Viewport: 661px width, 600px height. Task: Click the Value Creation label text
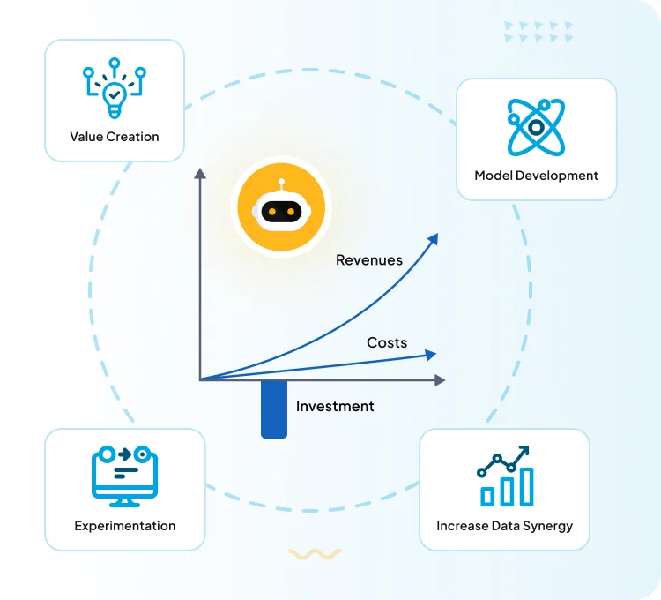[115, 137]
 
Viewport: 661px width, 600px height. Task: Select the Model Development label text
[536, 176]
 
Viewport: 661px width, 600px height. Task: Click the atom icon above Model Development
[536, 127]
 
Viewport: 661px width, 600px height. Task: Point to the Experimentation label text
[124, 526]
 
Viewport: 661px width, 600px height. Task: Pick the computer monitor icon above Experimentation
[124, 476]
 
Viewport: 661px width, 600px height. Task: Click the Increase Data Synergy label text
[504, 526]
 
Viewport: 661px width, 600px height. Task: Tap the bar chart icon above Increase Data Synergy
[505, 476]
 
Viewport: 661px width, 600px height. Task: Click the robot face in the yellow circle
[281, 211]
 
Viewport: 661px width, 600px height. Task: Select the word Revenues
[369, 260]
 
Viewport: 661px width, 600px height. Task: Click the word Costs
[387, 342]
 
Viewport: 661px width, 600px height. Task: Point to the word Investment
[335, 407]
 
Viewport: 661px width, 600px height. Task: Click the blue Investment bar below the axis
[274, 409]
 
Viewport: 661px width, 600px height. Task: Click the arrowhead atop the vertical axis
[200, 173]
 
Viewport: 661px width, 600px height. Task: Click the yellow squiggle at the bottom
[315, 554]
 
